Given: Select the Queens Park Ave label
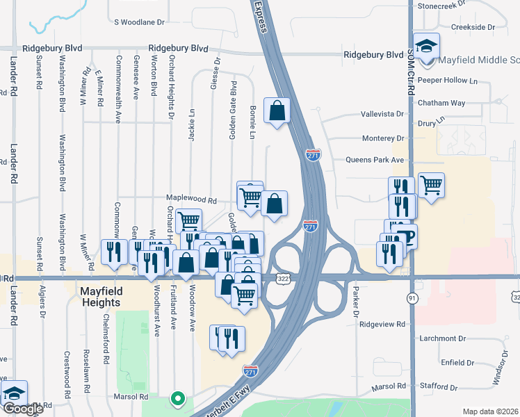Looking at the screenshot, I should point(375,160).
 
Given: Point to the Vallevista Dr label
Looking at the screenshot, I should point(382,114).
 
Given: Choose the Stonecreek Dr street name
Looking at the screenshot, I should point(445,6).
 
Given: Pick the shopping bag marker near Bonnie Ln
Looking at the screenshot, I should point(277,110).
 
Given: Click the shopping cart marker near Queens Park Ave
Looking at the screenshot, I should point(431,185).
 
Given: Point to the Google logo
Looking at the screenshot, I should point(23,409).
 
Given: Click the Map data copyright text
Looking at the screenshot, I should point(491,411).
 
